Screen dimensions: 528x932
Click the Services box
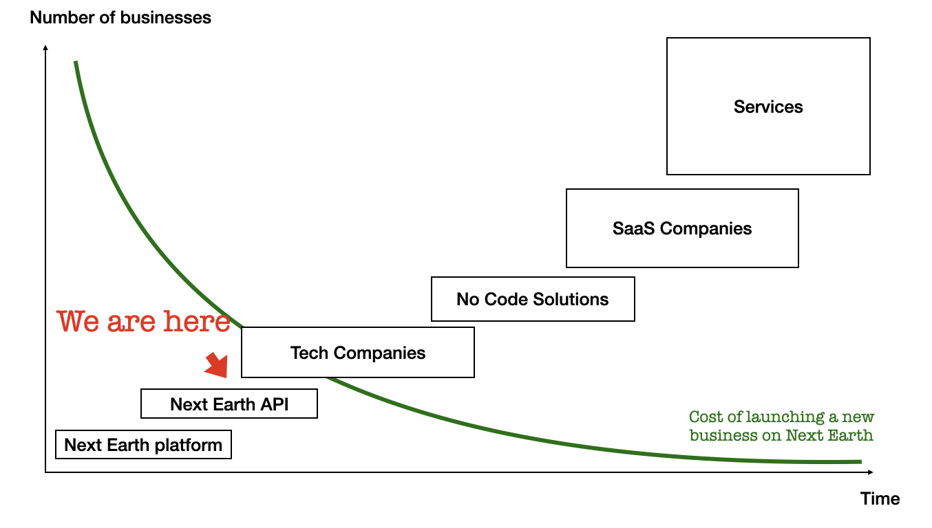click(768, 107)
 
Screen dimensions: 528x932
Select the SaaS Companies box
click(682, 228)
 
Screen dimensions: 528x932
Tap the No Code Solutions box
click(533, 299)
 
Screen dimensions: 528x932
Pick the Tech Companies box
click(358, 353)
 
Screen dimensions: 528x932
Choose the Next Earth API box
click(229, 404)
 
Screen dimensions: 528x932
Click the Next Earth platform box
click(143, 445)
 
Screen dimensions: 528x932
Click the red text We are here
click(143, 321)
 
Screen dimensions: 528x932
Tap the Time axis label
click(880, 498)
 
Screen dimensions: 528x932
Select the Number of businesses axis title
click(120, 18)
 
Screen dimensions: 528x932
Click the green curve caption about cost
click(781, 426)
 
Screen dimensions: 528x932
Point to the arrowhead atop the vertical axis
click(45, 47)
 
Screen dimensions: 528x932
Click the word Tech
click(307, 353)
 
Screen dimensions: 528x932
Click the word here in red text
click(198, 321)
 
